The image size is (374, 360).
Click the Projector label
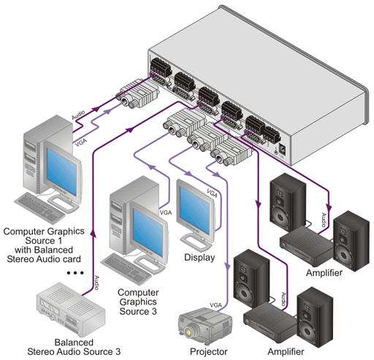[x=208, y=352]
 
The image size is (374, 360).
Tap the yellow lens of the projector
[x=188, y=332]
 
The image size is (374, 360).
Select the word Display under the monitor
[x=199, y=258]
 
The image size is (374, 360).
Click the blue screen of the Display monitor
[x=195, y=211]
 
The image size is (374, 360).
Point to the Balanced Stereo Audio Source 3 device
[x=71, y=310]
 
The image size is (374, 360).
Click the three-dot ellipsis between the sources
[x=75, y=273]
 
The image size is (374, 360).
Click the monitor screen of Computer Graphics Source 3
[x=148, y=232]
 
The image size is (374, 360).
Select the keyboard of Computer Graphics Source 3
[x=126, y=268]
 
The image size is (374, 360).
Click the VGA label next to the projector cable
[x=215, y=305]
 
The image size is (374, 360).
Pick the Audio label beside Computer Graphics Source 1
[x=78, y=115]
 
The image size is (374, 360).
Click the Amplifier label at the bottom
[x=286, y=352]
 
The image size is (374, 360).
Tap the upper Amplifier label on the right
[x=324, y=273]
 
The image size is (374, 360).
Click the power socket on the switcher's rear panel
[x=282, y=149]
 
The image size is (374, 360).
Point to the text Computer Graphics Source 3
[x=138, y=302]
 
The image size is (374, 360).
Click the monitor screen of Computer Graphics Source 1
[x=61, y=172]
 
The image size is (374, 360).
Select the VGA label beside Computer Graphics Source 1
[x=80, y=142]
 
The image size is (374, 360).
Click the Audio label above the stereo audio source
[x=96, y=283]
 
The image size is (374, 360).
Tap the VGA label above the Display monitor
[x=212, y=194]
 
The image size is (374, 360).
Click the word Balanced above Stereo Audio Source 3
[x=74, y=342]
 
